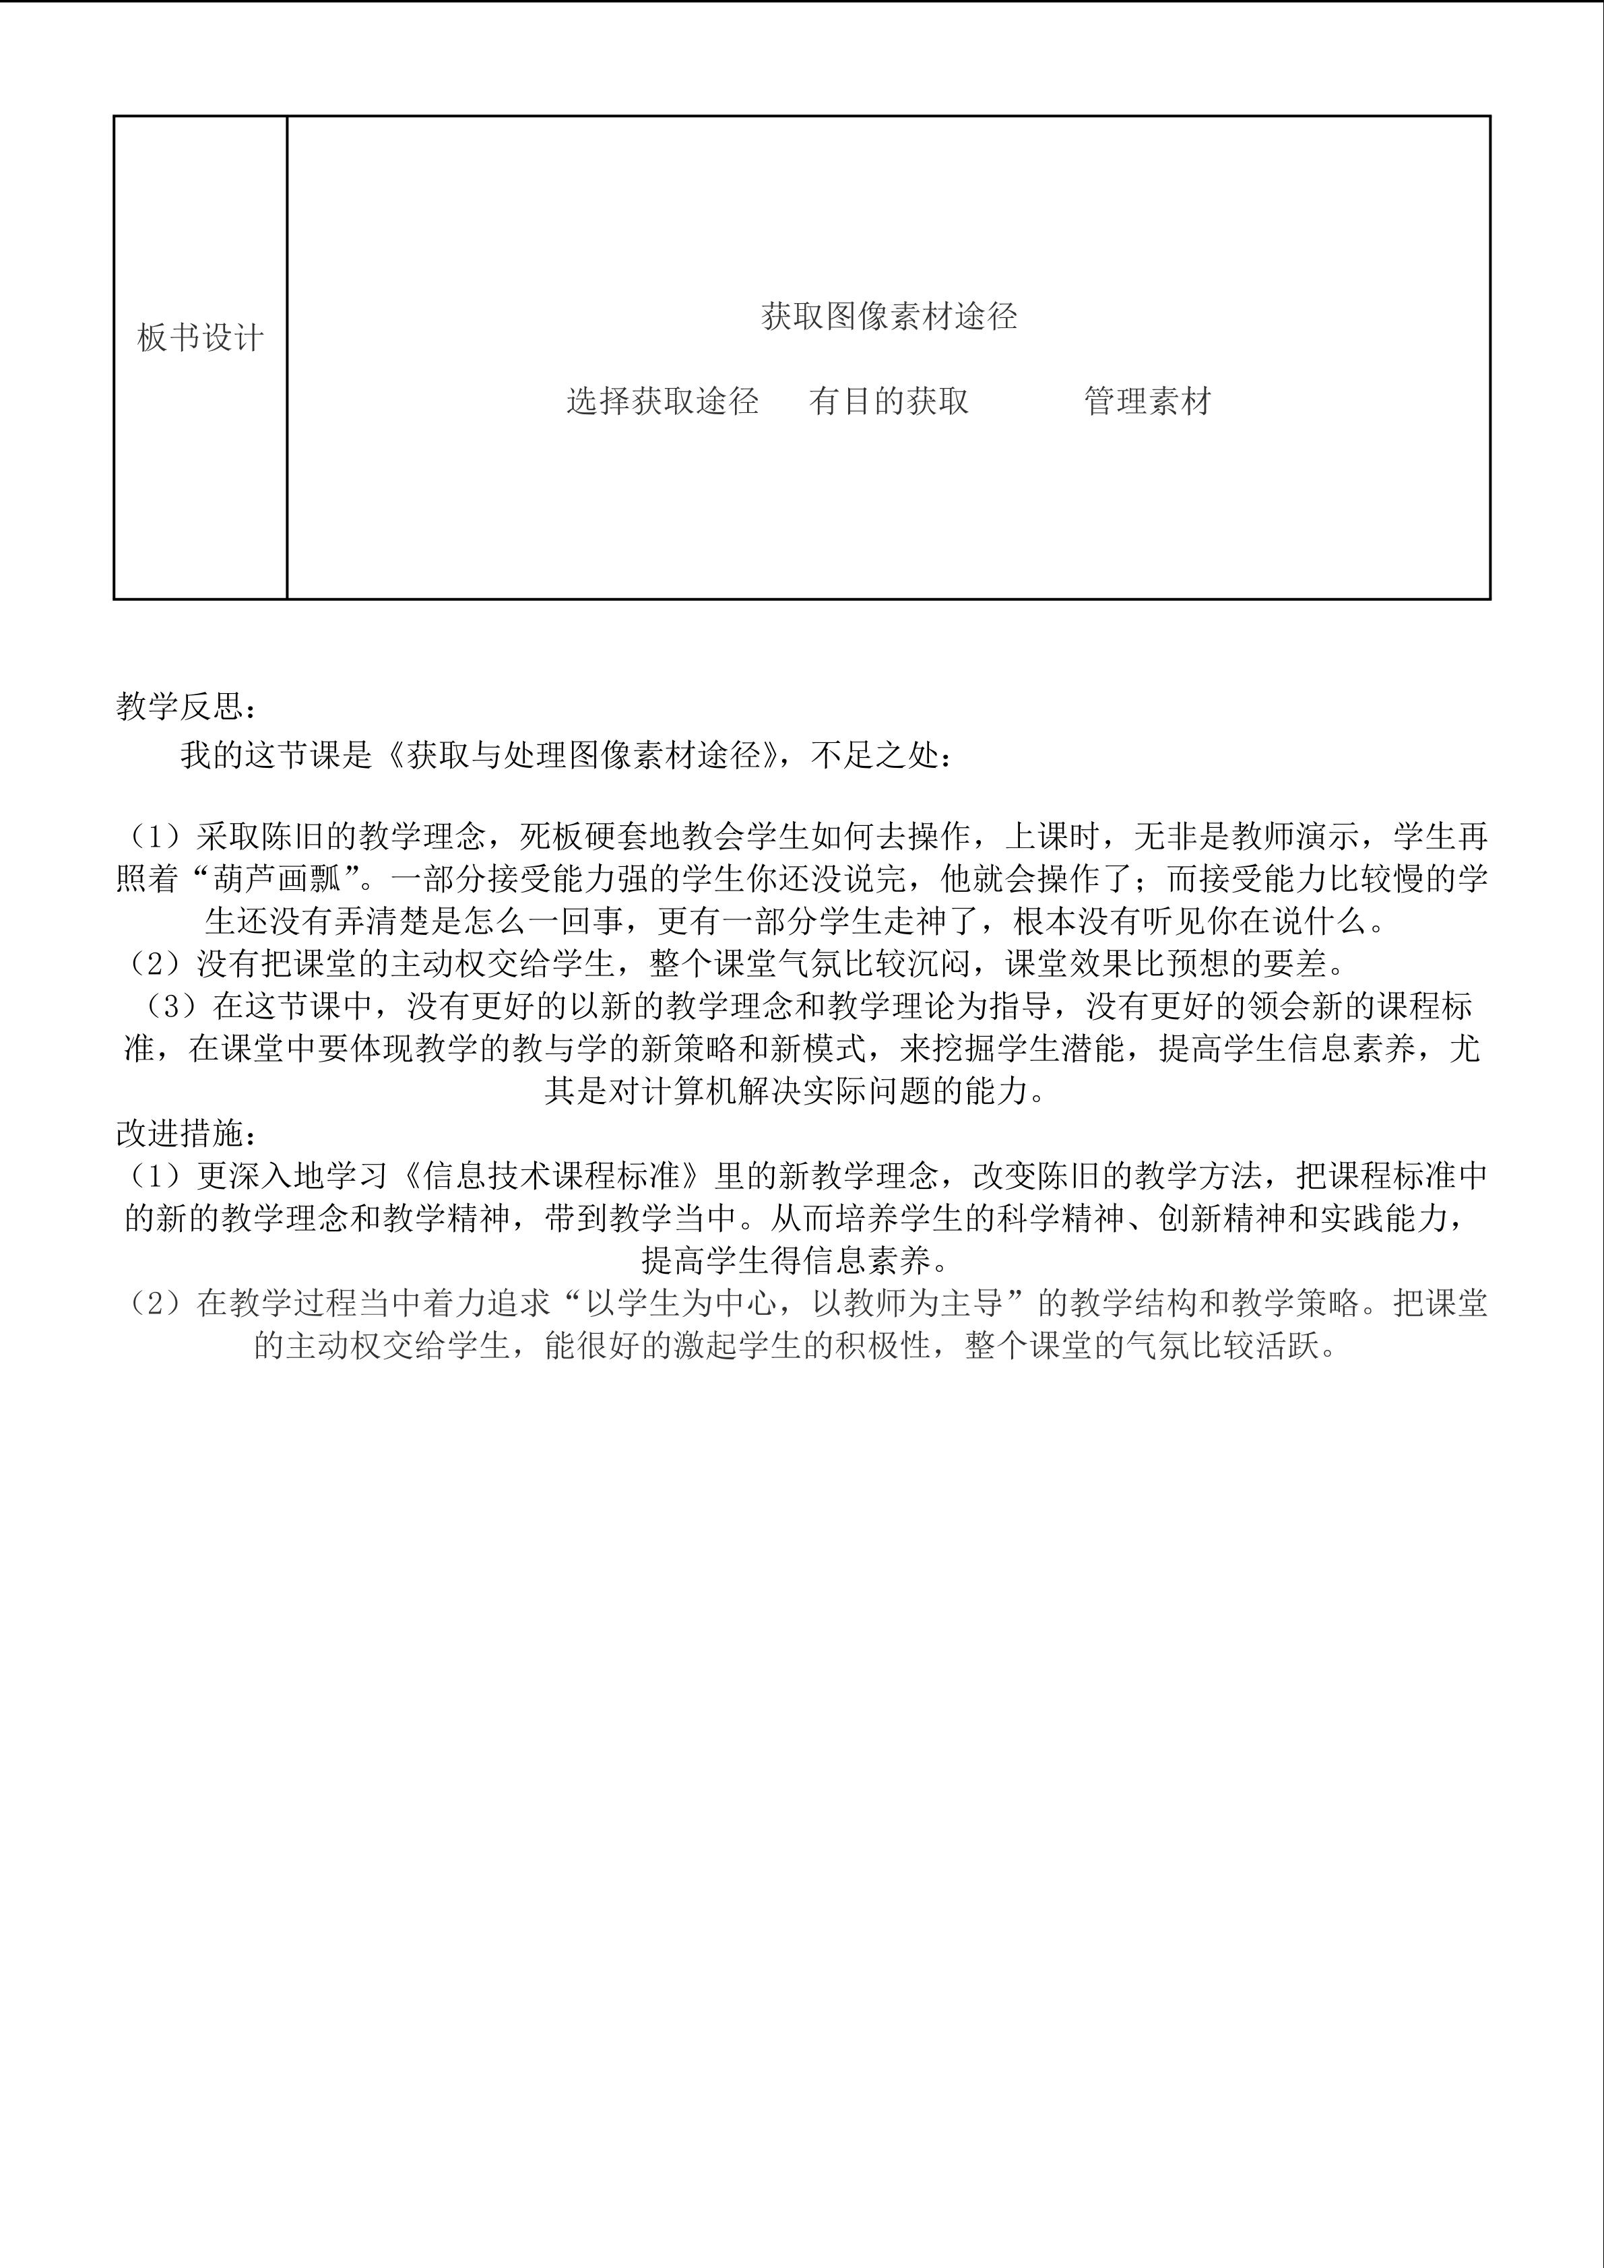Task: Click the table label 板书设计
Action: pyautogui.click(x=201, y=339)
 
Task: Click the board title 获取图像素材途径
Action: pyautogui.click(x=889, y=316)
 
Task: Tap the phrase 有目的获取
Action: pyautogui.click(x=889, y=401)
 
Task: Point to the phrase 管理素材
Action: pyautogui.click(x=1147, y=401)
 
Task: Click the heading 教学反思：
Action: pyautogui.click(x=189, y=707)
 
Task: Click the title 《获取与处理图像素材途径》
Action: pyautogui.click(x=583, y=756)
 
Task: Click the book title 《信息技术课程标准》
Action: pyautogui.click(x=553, y=1175)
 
